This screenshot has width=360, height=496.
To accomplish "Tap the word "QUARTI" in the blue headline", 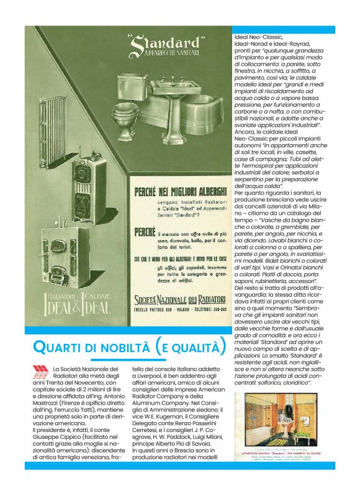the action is pos(63,346).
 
